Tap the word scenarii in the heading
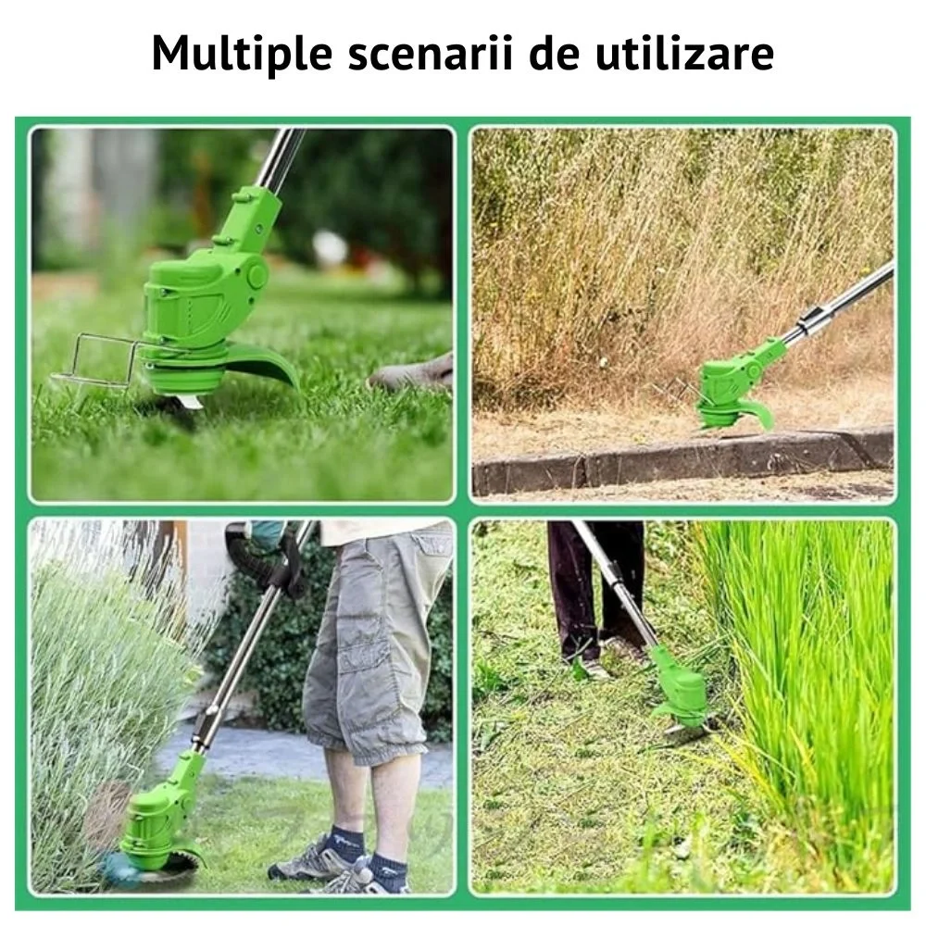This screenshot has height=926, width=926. [x=431, y=54]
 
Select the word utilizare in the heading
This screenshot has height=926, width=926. [x=684, y=53]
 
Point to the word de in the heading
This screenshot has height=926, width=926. [x=554, y=53]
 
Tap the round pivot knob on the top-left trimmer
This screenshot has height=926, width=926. [x=257, y=276]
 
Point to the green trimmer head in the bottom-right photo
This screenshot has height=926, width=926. [x=678, y=687]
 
